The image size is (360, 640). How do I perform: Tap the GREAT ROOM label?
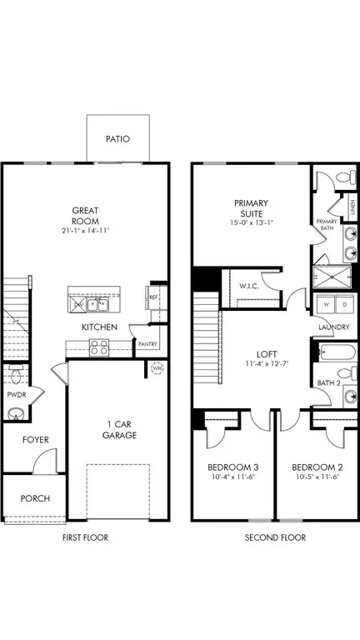point(87,215)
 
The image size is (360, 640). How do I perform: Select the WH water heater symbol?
point(157,367)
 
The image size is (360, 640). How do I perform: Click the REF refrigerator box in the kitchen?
point(153,294)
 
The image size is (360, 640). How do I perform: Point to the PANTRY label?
point(148,343)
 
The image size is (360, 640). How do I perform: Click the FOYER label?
point(36,439)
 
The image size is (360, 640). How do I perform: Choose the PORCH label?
point(35,498)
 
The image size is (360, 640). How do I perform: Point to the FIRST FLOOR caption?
point(86,537)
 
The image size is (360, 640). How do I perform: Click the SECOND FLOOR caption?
point(275,537)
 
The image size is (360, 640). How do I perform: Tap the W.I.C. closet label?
point(247,287)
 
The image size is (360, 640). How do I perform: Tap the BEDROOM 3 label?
point(233,479)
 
